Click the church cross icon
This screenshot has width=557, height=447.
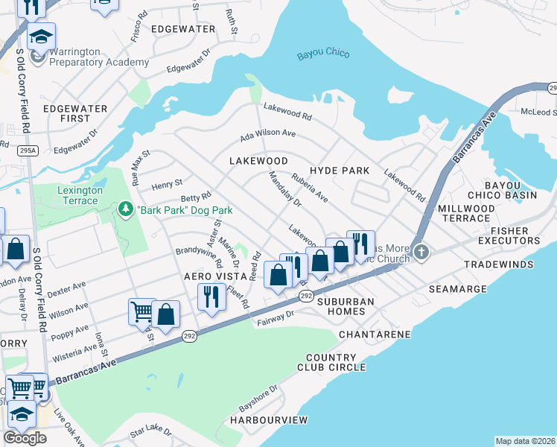pyautogui.click(x=422, y=252)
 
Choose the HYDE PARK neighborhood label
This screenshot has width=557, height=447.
pyautogui.click(x=340, y=171)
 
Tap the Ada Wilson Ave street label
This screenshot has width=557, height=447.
pyautogui.click(x=268, y=136)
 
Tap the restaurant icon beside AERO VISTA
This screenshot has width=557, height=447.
pyautogui.click(x=212, y=296)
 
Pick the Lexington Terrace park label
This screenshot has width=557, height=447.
pyautogui.click(x=69, y=196)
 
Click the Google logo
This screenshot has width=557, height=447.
pyautogui.click(x=25, y=437)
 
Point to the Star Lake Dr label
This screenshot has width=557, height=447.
pyautogui.click(x=150, y=432)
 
